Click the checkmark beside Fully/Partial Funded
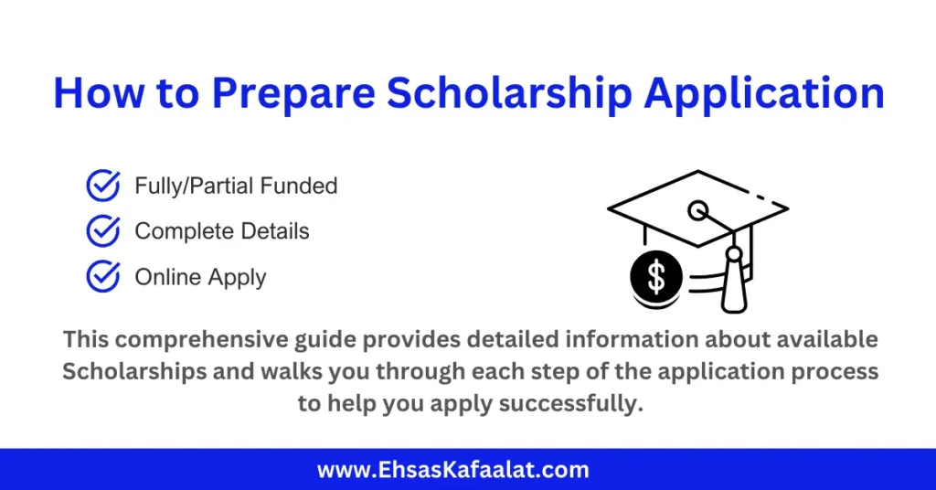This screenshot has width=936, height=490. pos(102,186)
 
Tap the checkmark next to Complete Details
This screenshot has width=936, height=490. pos(102,231)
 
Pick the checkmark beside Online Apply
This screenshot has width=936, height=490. pos(102,276)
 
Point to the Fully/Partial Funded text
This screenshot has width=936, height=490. pos(236,186)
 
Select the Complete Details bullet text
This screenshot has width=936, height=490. pos(222,231)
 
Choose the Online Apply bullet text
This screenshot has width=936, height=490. pos(200,276)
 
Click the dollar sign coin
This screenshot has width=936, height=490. pos(656,277)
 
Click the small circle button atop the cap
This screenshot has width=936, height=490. pos(698,211)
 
